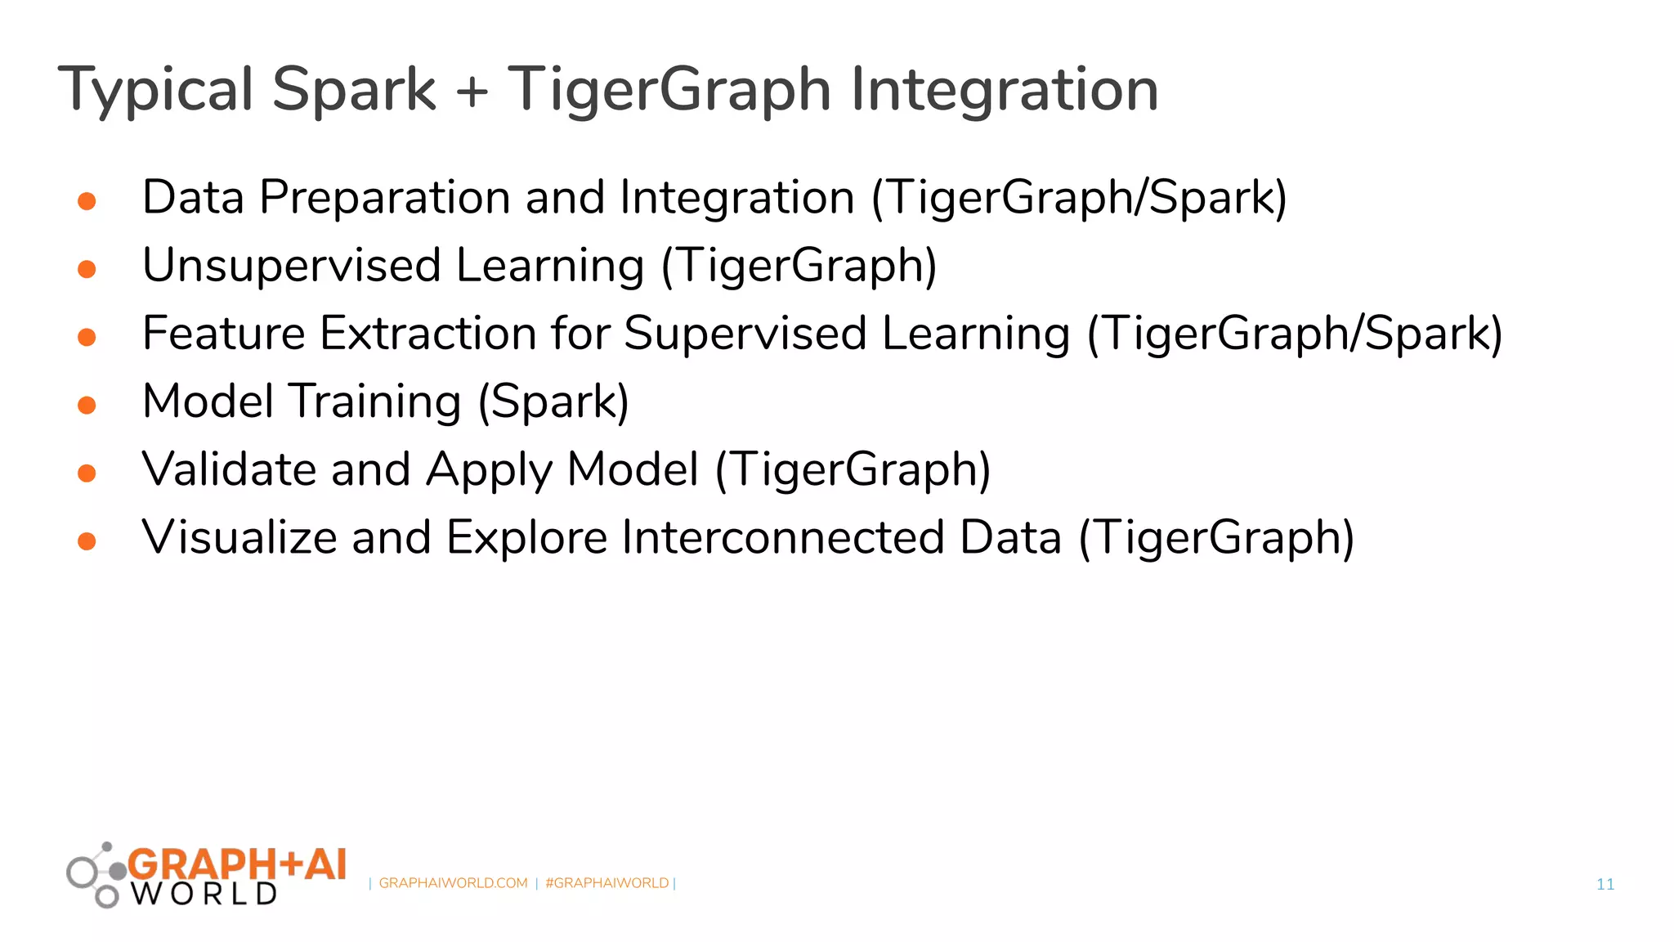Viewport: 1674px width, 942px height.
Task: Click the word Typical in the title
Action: (x=155, y=90)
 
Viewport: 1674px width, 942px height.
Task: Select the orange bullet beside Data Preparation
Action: (x=87, y=201)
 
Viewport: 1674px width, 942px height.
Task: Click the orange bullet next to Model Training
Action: (x=87, y=405)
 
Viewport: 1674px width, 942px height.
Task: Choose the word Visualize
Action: (x=239, y=537)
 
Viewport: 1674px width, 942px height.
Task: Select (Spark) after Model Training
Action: (x=553, y=402)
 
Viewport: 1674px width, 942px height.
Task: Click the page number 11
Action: (x=1605, y=884)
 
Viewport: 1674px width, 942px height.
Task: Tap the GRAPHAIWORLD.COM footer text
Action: (x=453, y=883)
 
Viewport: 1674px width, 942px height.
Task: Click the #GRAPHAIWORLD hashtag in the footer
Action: (x=606, y=883)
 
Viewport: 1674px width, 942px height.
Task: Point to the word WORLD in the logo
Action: (x=204, y=894)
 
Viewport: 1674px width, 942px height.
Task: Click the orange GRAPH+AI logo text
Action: (x=237, y=864)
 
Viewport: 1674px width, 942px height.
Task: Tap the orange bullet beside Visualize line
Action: (x=87, y=541)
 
